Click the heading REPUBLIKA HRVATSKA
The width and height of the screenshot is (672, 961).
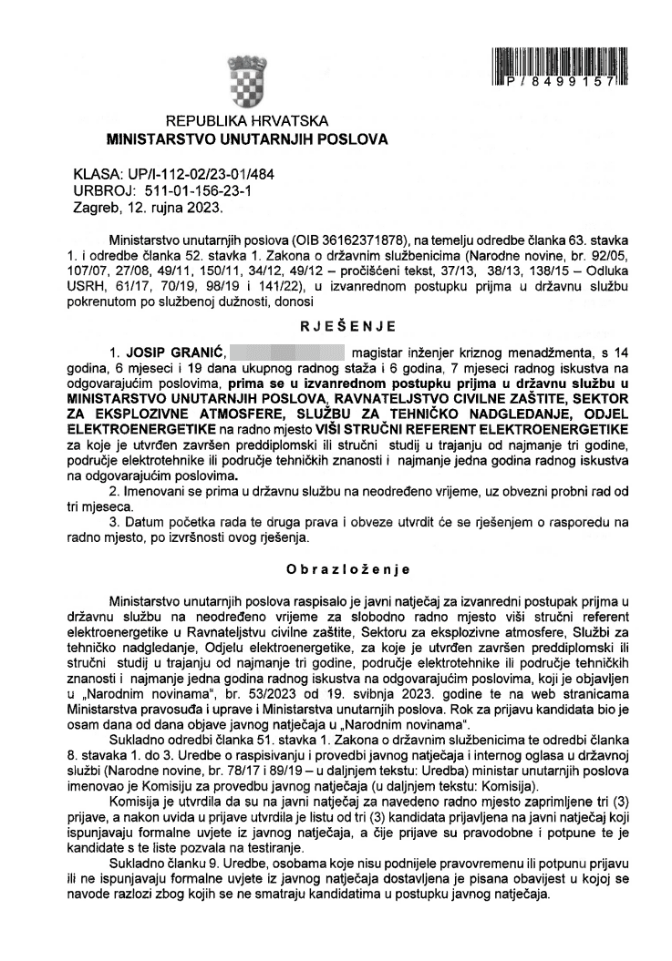click(247, 121)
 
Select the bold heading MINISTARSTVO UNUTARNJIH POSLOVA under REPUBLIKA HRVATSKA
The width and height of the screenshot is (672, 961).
click(247, 139)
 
